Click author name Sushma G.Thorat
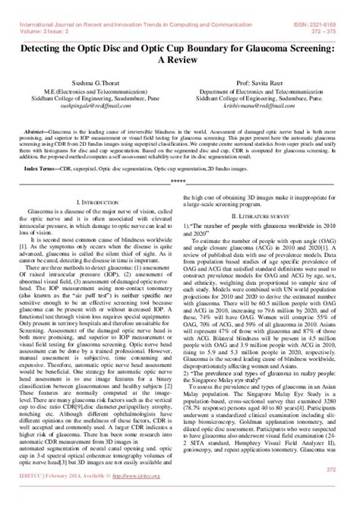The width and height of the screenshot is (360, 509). (x=90, y=93)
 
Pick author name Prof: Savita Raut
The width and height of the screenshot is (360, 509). (x=272, y=93)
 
